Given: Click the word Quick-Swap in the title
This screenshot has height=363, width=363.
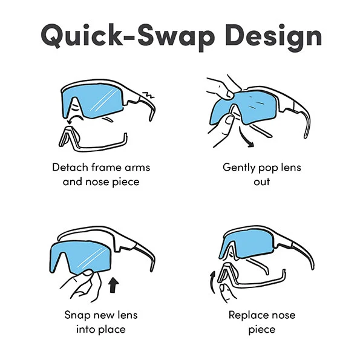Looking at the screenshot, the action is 128,36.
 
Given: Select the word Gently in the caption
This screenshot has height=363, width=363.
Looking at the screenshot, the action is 239,168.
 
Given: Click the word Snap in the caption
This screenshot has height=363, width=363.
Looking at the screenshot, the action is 77,315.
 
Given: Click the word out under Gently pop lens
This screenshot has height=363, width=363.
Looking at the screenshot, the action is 261,181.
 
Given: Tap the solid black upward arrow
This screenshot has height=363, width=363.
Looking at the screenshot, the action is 113,285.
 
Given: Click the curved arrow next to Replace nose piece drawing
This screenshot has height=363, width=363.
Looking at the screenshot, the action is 212,283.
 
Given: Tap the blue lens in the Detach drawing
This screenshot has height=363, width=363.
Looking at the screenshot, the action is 93,102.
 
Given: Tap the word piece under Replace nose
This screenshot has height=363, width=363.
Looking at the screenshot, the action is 262,330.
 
